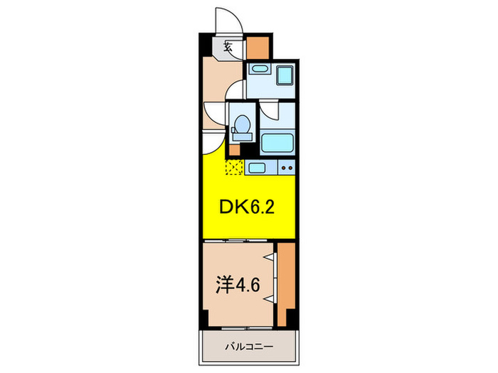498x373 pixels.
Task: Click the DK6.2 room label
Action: click(x=246, y=207)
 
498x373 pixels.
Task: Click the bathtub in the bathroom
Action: click(x=277, y=143)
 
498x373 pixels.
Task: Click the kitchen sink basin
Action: click(x=258, y=168)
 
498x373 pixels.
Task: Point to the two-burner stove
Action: click(x=286, y=168)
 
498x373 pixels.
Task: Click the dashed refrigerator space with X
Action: click(x=234, y=168)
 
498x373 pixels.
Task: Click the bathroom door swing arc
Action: click(x=269, y=110)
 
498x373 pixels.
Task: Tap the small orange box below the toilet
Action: click(x=235, y=150)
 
